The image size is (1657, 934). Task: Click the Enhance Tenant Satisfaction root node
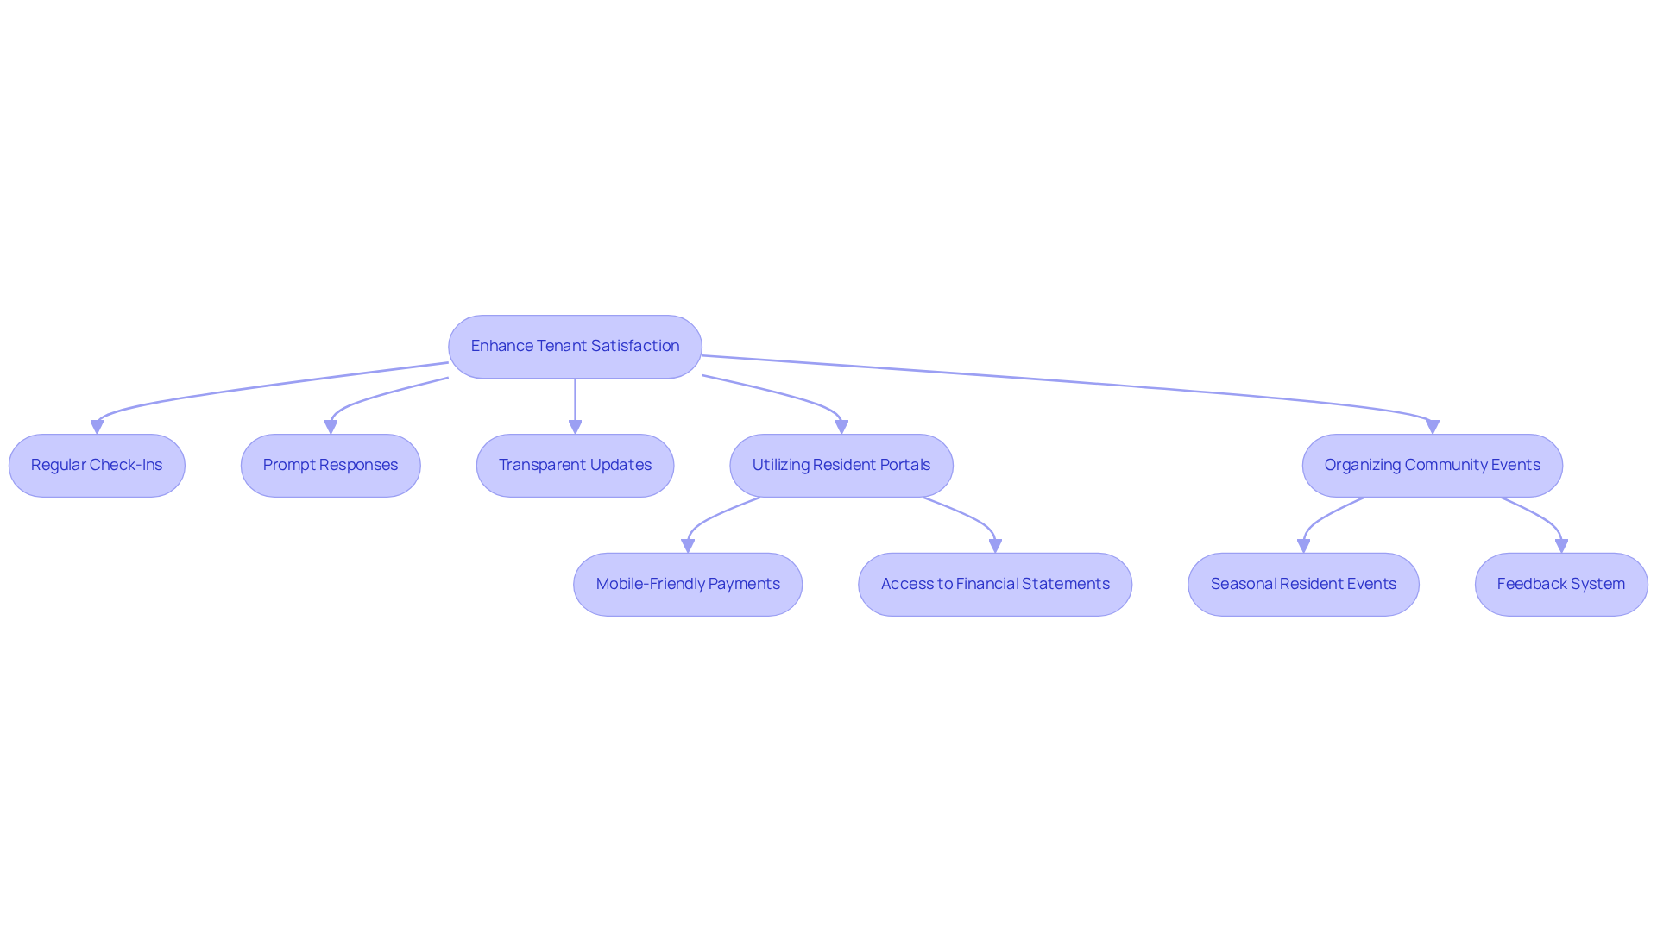(x=575, y=347)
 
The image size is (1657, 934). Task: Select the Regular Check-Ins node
(x=97, y=466)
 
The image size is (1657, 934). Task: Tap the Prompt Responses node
(x=331, y=466)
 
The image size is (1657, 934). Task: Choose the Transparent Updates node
(x=575, y=466)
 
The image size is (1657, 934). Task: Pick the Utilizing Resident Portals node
(x=841, y=466)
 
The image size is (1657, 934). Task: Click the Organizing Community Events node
(x=1433, y=466)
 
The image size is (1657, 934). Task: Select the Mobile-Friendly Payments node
(x=688, y=585)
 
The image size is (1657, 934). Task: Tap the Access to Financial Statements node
(x=995, y=585)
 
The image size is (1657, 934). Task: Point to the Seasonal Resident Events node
(x=1303, y=585)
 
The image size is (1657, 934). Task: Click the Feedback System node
(x=1561, y=585)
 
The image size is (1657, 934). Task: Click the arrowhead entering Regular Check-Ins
(x=97, y=428)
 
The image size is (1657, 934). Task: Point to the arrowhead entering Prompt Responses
(x=331, y=428)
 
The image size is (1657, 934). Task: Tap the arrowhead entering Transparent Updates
(x=575, y=428)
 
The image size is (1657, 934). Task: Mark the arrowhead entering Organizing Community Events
(x=1433, y=428)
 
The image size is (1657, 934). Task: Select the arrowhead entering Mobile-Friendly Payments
(x=688, y=547)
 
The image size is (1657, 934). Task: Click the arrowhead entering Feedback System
(x=1561, y=547)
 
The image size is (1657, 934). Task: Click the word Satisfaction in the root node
(x=635, y=346)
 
